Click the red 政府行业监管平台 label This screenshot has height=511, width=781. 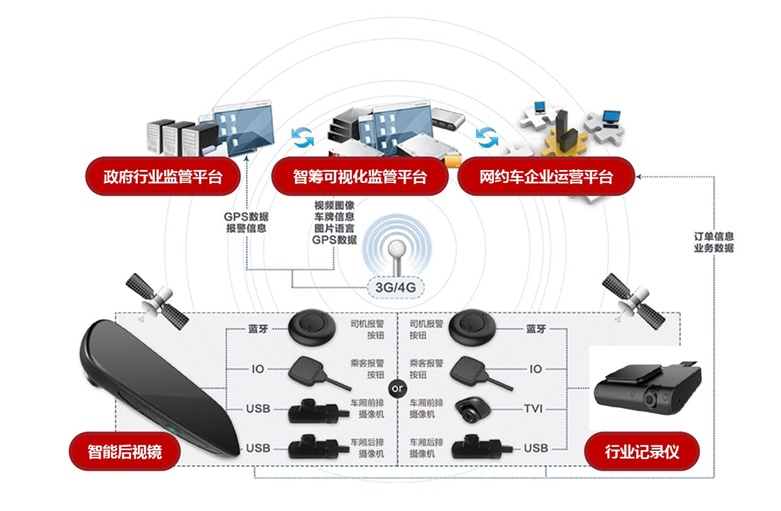click(x=162, y=177)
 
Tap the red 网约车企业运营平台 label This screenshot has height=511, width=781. click(x=546, y=177)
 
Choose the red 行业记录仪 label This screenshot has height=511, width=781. click(x=641, y=452)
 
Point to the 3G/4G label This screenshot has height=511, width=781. click(x=394, y=288)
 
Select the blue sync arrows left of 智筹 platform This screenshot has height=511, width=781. click(x=303, y=137)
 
